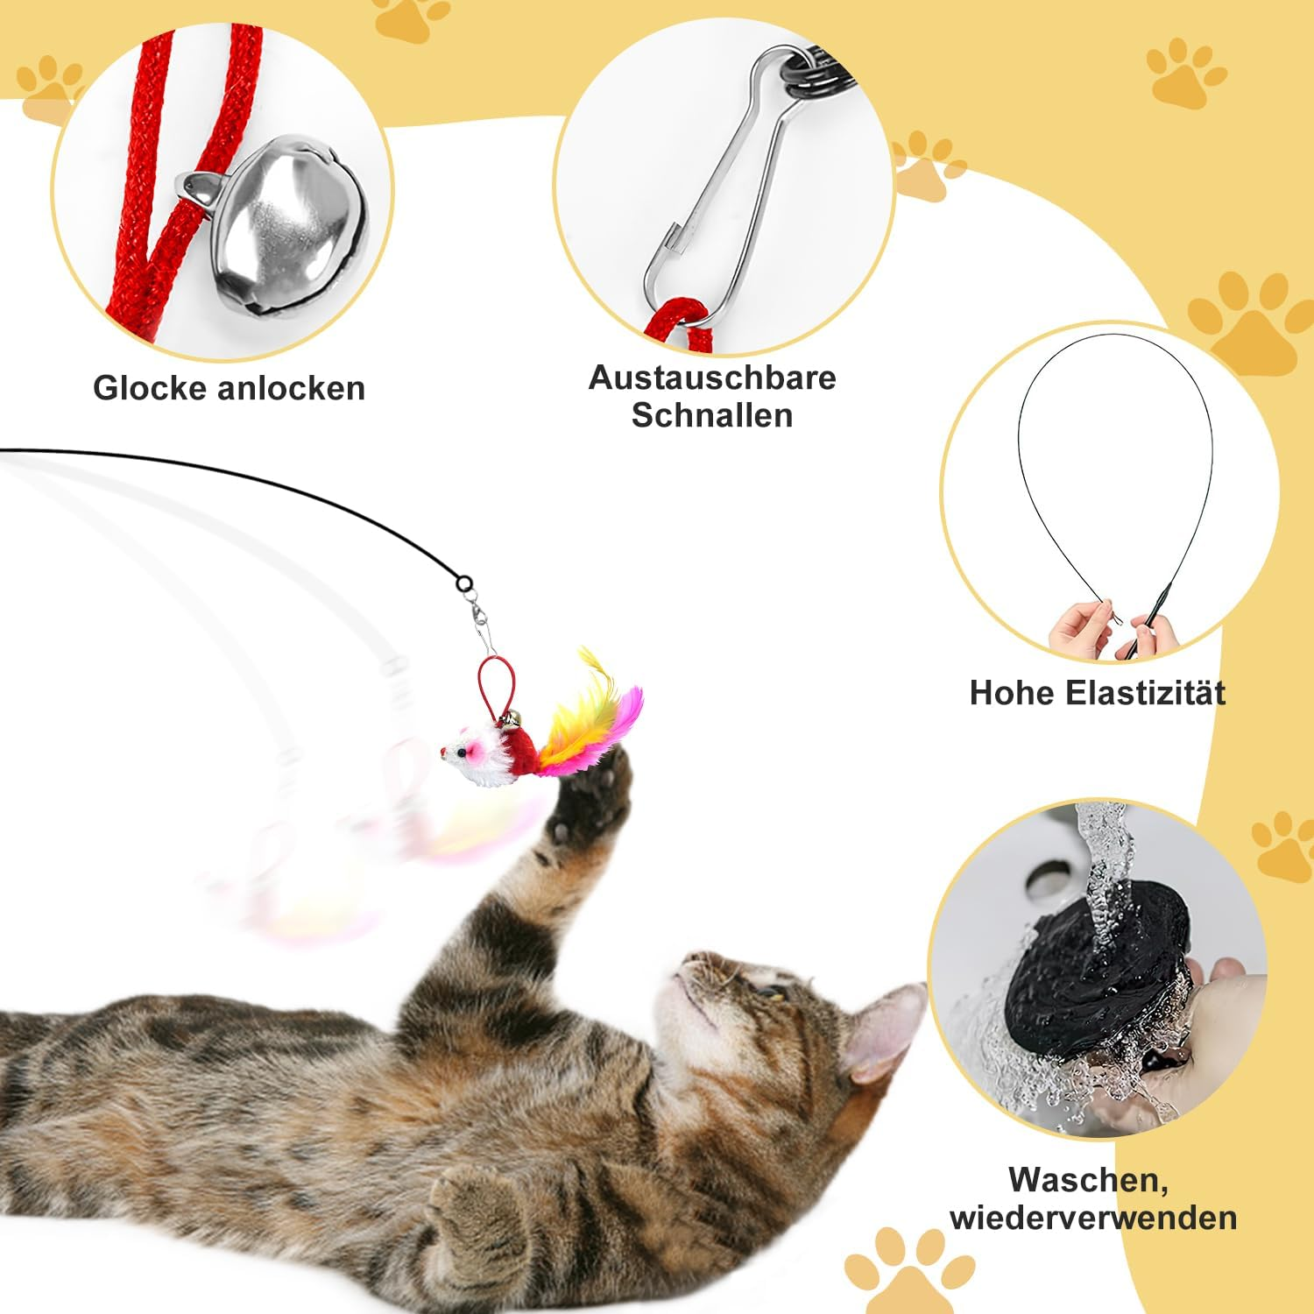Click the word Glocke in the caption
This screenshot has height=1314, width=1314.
tap(149, 388)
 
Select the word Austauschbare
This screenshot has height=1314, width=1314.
tap(712, 378)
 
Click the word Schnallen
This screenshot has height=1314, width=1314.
tap(712, 415)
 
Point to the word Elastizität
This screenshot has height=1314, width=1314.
tap(1146, 693)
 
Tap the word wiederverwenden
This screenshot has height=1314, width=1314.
tap(1093, 1218)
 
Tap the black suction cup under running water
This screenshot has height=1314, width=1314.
tap(1095, 972)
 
